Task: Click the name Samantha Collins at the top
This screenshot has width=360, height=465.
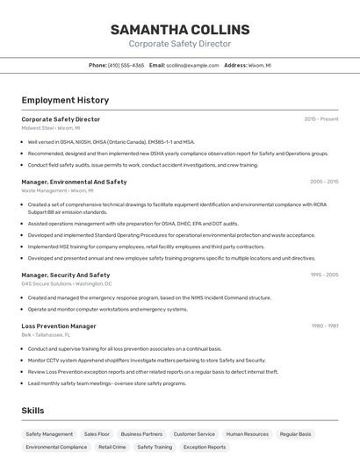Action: coord(180,29)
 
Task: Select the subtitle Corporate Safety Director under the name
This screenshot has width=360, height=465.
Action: coord(180,44)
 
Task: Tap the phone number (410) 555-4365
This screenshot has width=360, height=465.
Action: coord(126,65)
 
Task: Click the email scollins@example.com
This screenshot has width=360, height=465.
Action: coord(192,65)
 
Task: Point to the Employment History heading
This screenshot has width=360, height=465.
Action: coord(65,100)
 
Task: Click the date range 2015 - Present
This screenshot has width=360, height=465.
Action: coord(321,118)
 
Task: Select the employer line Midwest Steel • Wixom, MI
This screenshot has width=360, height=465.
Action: coord(50,128)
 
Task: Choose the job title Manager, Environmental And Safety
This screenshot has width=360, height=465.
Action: coord(74,182)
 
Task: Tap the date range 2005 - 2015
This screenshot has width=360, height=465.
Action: coord(324,182)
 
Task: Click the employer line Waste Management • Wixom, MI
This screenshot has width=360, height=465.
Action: coord(57,190)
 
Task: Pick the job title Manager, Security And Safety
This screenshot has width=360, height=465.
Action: coord(66,275)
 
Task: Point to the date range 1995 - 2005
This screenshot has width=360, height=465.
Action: coord(324,275)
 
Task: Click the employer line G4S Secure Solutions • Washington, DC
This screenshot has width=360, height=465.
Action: coord(67,283)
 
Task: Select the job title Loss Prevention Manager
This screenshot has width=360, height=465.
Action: coord(59,325)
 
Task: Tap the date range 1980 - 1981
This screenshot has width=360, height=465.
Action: coord(325,325)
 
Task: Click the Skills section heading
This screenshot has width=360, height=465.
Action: coord(32,410)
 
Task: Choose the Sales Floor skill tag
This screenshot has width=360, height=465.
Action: coord(97,433)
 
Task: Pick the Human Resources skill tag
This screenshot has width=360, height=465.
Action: coord(247,433)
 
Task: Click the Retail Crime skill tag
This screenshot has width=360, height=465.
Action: coord(112,447)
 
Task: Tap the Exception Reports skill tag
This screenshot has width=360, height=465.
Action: coord(205,447)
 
